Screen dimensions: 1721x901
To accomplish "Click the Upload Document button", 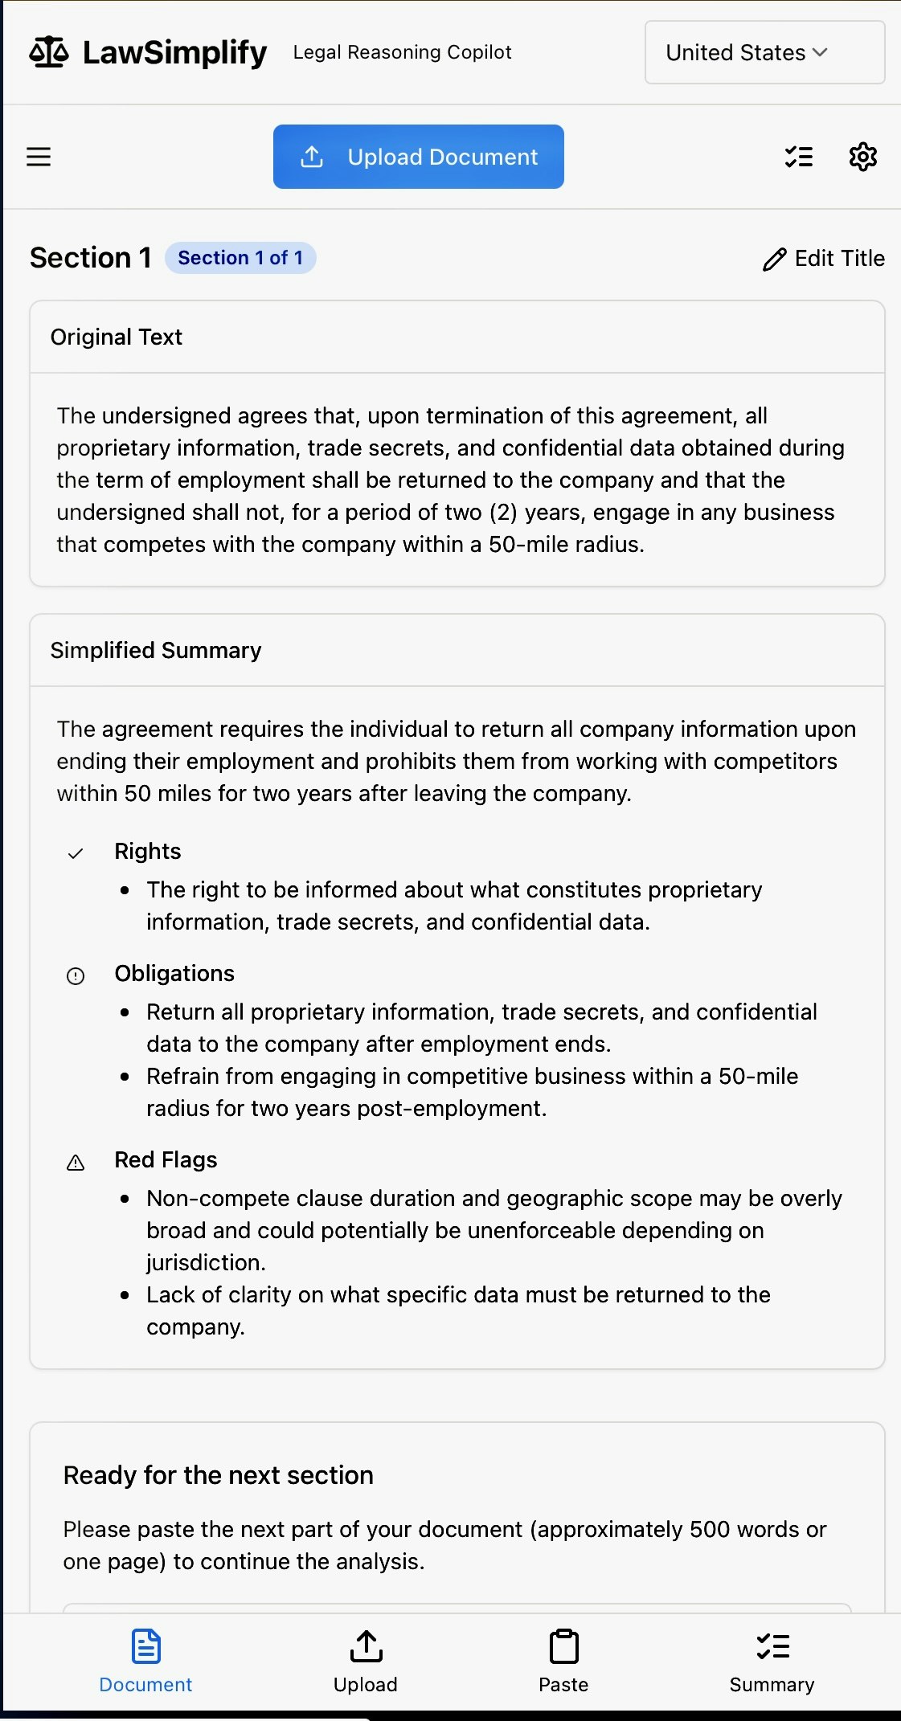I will pos(418,157).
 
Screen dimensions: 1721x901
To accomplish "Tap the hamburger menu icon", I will pos(39,157).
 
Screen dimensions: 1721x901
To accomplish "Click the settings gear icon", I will pos(862,157).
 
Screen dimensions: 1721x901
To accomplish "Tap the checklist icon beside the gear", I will pos(798,157).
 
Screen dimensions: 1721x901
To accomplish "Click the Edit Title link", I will pos(824,259).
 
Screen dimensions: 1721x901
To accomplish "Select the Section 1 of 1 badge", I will pos(240,258).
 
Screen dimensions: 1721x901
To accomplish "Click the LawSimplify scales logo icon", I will pos(49,53).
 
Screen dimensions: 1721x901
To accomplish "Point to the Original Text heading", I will pos(117,337).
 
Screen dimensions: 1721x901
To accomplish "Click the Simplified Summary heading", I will pos(156,651).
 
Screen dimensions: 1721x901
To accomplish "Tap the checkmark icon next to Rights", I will pos(76,853).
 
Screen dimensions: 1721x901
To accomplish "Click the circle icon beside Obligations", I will pos(76,976).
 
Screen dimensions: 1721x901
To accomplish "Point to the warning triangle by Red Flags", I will pos(76,1163).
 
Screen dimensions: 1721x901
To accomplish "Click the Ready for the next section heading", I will pos(219,1476).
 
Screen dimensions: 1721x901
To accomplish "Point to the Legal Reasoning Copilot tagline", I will pos(402,53).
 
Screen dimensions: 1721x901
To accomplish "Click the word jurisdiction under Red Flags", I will pos(204,1263).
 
